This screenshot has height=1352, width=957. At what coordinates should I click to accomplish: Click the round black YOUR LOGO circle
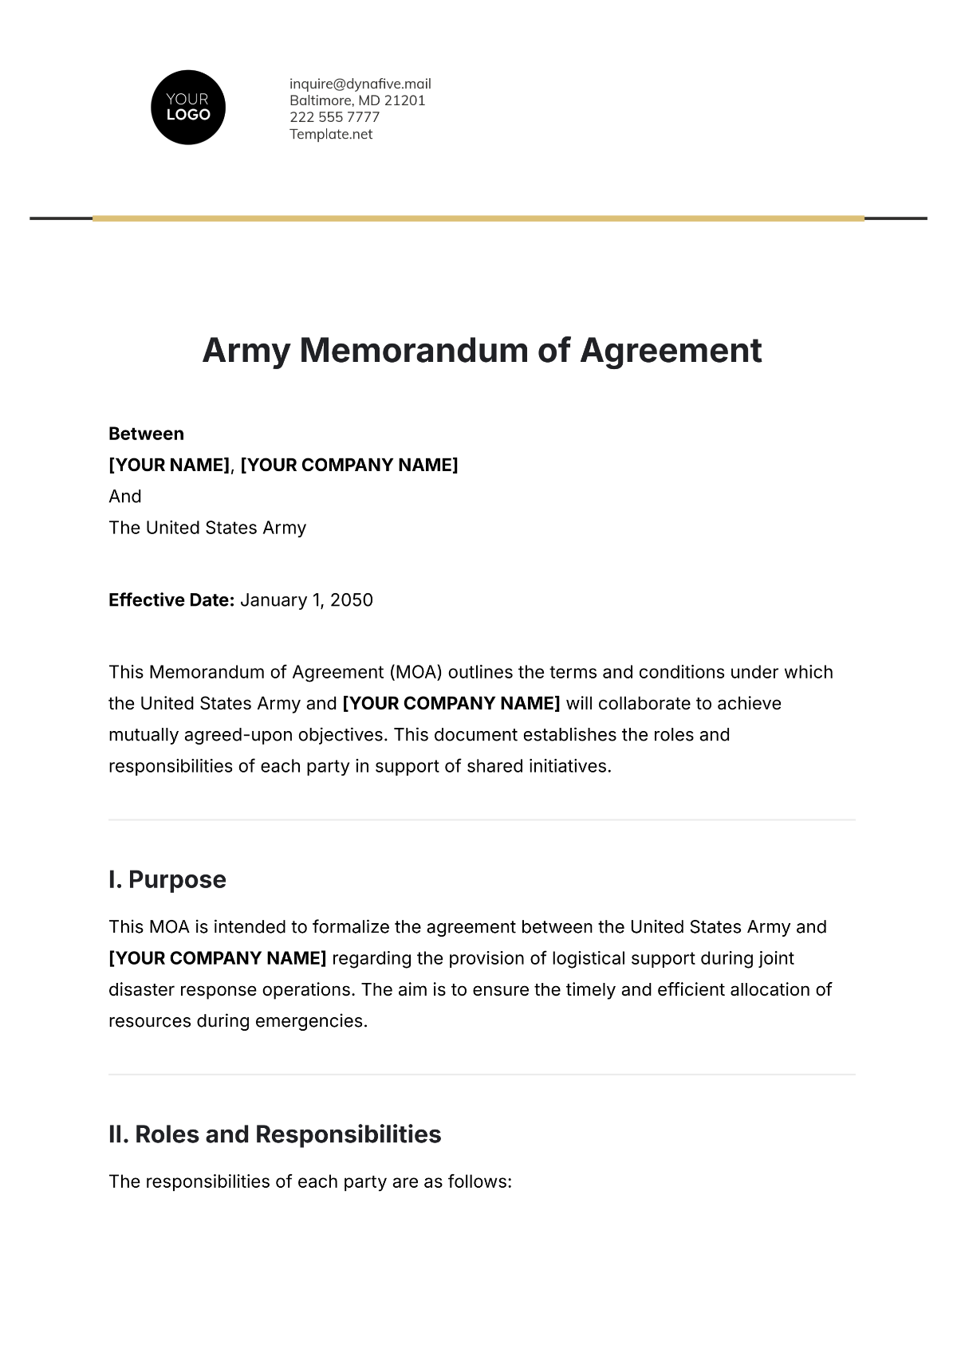tap(188, 108)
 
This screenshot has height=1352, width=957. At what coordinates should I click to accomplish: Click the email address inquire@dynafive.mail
tap(360, 84)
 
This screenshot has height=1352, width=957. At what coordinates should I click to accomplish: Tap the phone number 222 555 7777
tap(334, 117)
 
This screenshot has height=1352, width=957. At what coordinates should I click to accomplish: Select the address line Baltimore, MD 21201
tap(357, 100)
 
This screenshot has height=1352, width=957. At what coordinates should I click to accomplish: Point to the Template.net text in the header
tap(331, 134)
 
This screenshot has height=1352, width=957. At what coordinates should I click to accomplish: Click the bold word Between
tap(146, 434)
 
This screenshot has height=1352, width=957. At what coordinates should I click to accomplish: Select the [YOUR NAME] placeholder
tap(169, 465)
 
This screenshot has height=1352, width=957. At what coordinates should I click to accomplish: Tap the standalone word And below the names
tap(125, 496)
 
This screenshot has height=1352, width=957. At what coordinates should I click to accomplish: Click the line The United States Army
tap(207, 528)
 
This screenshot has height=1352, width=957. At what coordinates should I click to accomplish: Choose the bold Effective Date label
tap(171, 600)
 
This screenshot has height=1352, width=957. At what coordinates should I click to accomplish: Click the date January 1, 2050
tap(306, 600)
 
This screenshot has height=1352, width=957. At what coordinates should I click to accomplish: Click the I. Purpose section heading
tap(167, 880)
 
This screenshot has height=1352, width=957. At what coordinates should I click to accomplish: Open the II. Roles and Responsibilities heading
tap(274, 1134)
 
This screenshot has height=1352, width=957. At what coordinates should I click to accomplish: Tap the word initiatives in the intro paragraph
tap(569, 767)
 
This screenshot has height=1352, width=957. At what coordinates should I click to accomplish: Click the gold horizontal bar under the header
tap(478, 218)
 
